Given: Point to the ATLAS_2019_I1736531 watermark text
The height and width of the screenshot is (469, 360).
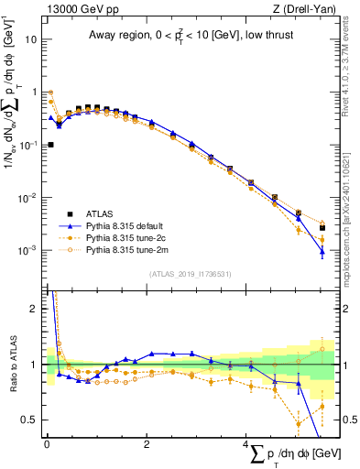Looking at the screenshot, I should (x=190, y=273).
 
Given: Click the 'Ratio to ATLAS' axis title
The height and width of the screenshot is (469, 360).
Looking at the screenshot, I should (x=12, y=364).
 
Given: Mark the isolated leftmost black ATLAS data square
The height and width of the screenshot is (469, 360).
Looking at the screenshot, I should (x=50, y=145).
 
